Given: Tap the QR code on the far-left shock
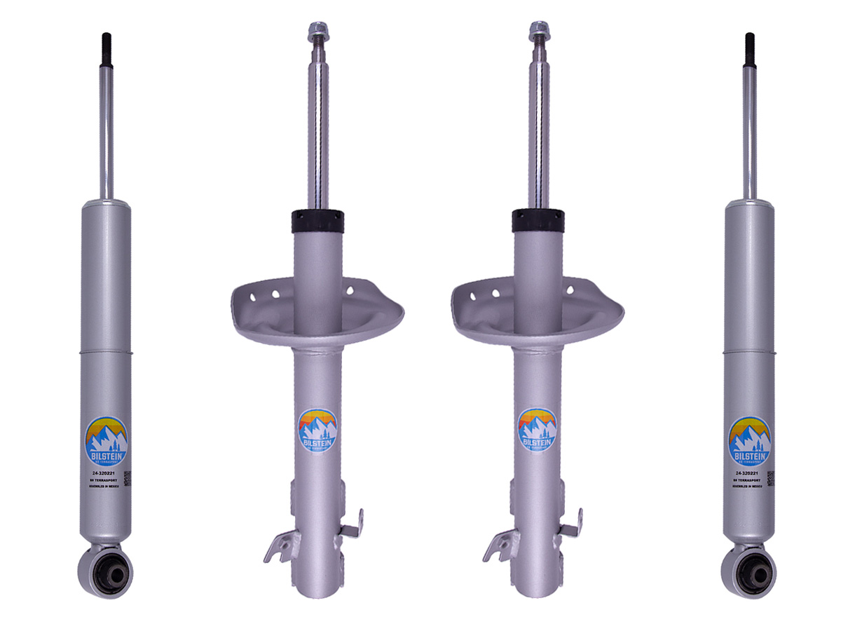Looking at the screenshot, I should tap(128, 478).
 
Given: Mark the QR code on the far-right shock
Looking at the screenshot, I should tap(770, 478).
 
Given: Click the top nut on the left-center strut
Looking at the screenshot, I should tap(314, 30).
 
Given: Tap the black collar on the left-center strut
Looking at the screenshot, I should tap(318, 221).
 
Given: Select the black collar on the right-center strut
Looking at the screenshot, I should tap(538, 221).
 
